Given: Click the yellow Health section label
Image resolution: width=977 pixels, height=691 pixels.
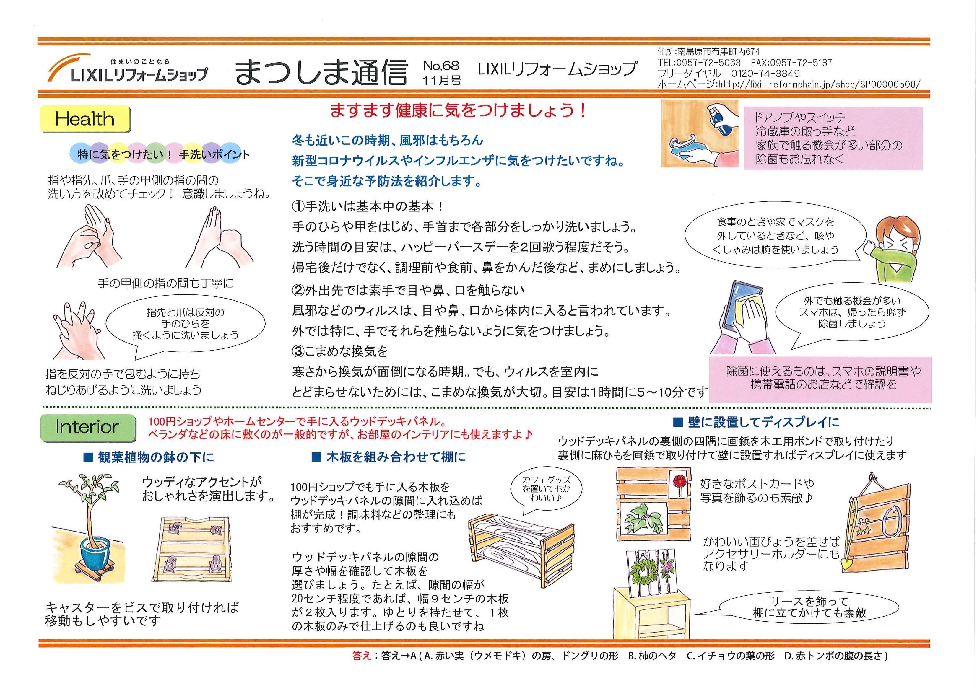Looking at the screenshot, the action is click(85, 119).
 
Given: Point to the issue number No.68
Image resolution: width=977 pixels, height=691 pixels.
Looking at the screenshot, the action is click(441, 66).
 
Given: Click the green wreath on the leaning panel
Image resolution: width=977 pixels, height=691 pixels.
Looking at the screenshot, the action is click(642, 572).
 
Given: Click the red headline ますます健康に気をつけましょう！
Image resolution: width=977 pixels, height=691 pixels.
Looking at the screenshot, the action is click(459, 111).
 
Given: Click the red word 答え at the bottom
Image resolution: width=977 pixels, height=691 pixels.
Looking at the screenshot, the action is click(362, 656).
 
